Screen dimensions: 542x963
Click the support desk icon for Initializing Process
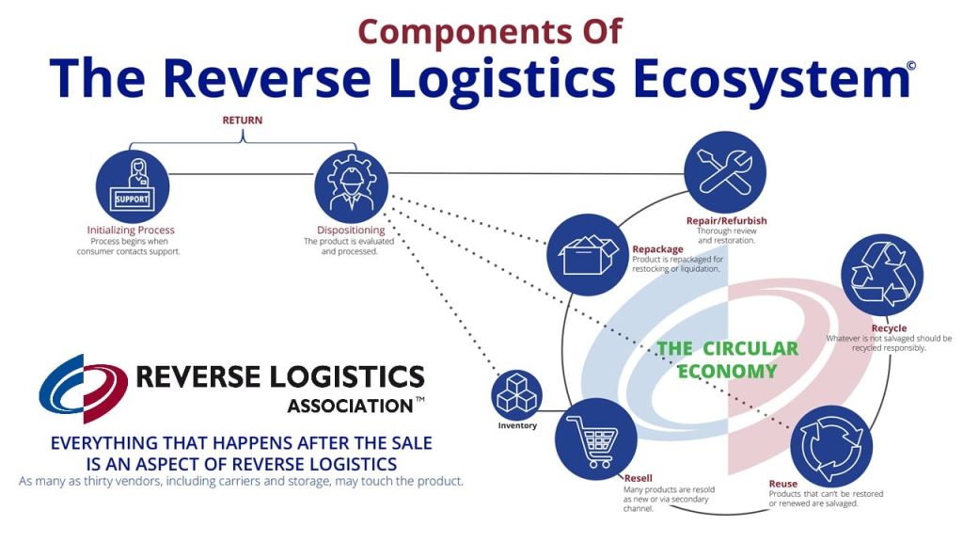pos(132,185)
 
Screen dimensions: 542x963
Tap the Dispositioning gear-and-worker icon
pos(350,185)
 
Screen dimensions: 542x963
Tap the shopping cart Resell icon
pos(592,439)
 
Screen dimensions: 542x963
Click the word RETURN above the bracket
pos(242,120)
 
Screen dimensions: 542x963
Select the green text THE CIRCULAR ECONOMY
pos(727,359)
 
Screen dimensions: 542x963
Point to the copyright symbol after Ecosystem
pos(910,66)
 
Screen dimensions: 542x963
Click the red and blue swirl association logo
pos(83,388)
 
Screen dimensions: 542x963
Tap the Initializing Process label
pos(131,231)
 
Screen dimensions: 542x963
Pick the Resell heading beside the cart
pos(638,478)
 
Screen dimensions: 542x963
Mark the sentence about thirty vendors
pos(241,482)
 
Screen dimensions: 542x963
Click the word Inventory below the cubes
pos(517,425)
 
